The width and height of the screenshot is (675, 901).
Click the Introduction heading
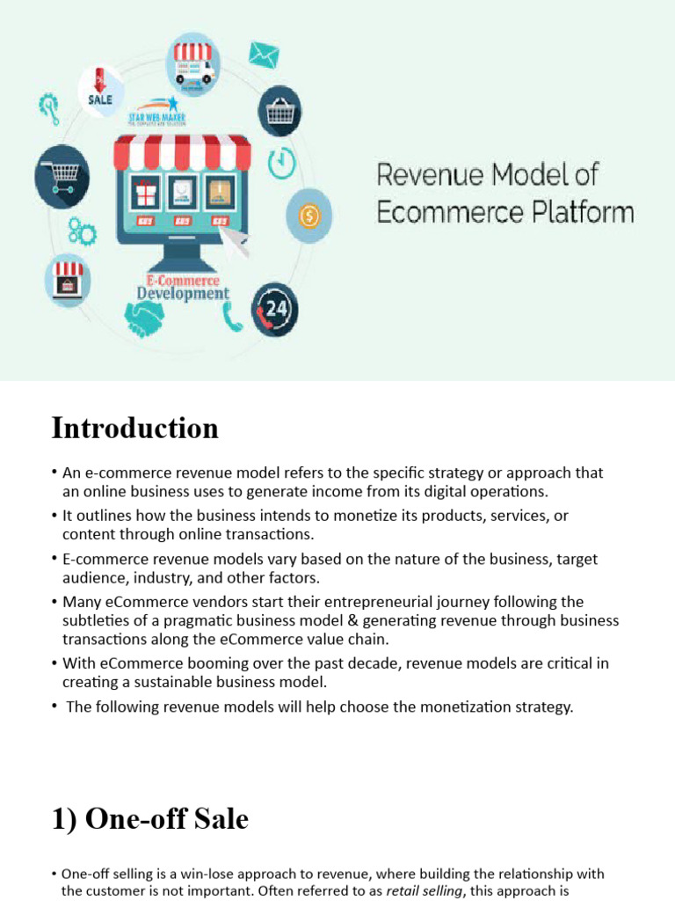pyautogui.click(x=134, y=429)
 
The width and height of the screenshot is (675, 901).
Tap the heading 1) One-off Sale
pyautogui.click(x=149, y=820)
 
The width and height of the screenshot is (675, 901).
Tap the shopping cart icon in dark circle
pyautogui.click(x=62, y=175)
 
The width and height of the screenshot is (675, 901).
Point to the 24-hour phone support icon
pyautogui.click(x=275, y=310)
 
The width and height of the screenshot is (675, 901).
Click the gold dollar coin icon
pyautogui.click(x=309, y=214)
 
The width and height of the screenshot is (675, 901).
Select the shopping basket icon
pyautogui.click(x=280, y=111)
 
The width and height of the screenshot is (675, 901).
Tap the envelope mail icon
pyautogui.click(x=263, y=55)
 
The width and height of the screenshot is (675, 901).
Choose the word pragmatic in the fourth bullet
pyautogui.click(x=239, y=620)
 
